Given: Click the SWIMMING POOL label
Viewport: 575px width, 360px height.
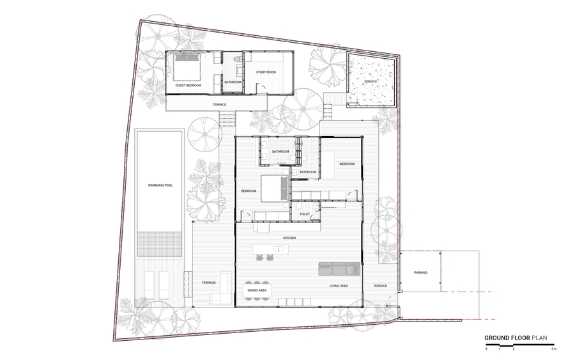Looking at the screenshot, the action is click(x=160, y=185).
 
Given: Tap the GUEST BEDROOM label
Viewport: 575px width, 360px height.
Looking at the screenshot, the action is click(x=188, y=85).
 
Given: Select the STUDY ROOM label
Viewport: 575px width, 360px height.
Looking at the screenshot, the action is click(x=266, y=72).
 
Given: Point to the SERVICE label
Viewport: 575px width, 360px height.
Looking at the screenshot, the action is click(x=371, y=81).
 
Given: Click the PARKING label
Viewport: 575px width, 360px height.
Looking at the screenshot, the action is click(x=420, y=272).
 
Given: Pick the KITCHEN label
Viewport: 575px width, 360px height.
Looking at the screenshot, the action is click(x=289, y=238).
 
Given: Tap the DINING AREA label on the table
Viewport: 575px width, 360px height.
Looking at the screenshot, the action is click(x=257, y=290).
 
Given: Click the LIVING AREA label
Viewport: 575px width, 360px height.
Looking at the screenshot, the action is click(x=339, y=285).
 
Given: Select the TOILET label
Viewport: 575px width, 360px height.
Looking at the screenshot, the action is click(x=305, y=214).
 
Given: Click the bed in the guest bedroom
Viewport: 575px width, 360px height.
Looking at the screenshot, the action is click(x=187, y=67).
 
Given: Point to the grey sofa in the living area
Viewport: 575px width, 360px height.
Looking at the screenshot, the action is click(x=339, y=269).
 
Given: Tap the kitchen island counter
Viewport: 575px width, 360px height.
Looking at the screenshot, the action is click(x=270, y=249).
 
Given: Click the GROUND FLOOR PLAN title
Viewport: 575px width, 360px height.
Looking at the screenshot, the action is click(x=516, y=338).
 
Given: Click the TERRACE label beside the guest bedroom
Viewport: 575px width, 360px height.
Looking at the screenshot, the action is click(x=219, y=105).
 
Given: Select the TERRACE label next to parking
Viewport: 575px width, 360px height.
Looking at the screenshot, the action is click(x=380, y=285).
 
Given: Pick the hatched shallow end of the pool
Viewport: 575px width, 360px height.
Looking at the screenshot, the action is click(x=160, y=244).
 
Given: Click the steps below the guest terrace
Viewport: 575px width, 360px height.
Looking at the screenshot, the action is click(x=227, y=120).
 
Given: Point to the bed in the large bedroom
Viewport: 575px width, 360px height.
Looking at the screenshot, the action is click(x=275, y=189).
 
